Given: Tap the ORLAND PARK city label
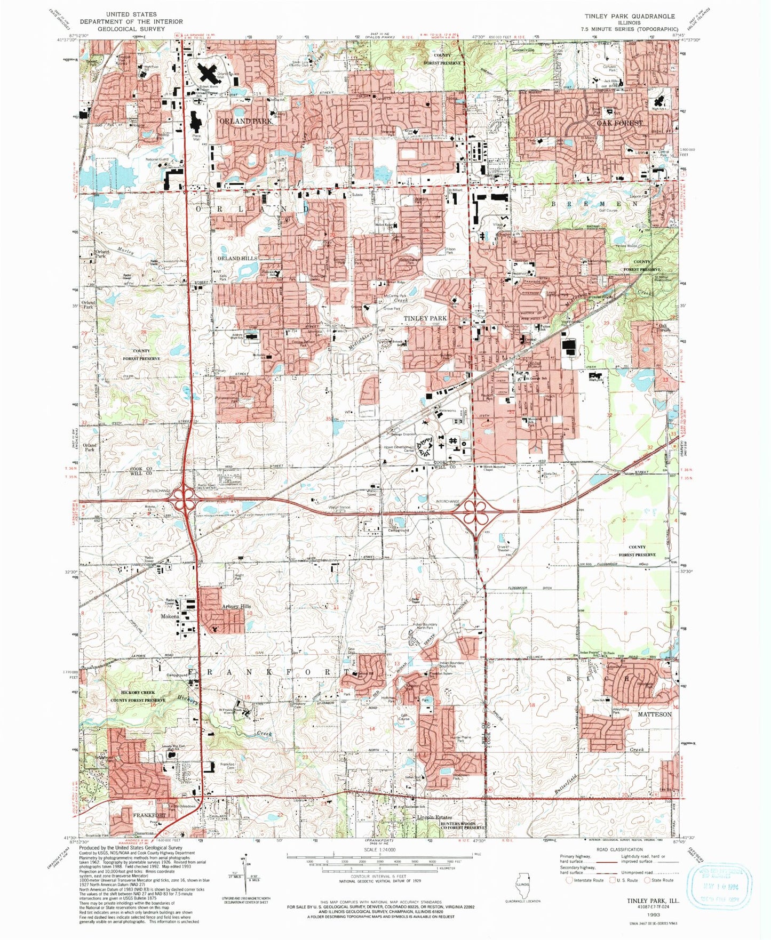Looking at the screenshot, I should point(246,122).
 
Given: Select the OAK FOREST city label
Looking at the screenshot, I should point(619,123).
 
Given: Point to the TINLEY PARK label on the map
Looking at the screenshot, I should point(425,318).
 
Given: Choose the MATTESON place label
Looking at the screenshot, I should point(655,714).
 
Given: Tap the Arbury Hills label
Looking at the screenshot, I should point(236,607).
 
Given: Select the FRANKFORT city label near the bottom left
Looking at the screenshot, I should point(149,816).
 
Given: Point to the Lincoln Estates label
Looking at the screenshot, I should point(434,817).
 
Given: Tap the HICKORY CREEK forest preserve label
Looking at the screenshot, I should point(133,692).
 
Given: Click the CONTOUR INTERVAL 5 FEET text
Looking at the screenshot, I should point(378,877).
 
